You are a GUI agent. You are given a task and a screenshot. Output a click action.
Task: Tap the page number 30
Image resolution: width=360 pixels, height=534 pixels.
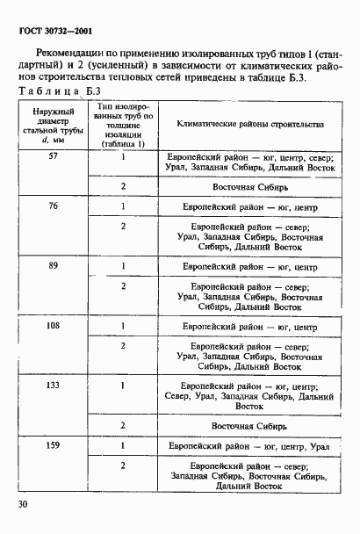click(20, 505)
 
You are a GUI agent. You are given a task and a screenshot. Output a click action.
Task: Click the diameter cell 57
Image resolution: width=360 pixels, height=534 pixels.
click(53, 155)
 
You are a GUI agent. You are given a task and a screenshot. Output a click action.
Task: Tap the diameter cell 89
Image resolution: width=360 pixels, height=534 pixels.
click(53, 263)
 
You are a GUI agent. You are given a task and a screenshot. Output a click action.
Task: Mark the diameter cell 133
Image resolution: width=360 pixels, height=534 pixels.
click(53, 385)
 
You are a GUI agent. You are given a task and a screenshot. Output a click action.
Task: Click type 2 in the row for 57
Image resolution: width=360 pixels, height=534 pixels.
click(124, 186)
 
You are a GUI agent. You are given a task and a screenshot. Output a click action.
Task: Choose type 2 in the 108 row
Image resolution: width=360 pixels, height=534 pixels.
click(124, 346)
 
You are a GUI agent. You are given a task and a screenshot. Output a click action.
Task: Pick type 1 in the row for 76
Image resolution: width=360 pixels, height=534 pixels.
click(124, 206)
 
